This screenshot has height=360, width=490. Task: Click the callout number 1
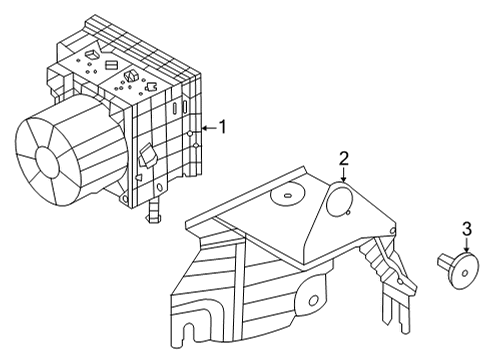[224, 127]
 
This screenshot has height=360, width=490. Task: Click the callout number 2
[343, 158]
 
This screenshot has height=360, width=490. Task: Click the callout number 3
[466, 230]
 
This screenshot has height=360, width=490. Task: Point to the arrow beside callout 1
[206, 128]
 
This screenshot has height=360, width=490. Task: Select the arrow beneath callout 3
[466, 247]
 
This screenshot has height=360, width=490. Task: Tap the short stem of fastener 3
[446, 262]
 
